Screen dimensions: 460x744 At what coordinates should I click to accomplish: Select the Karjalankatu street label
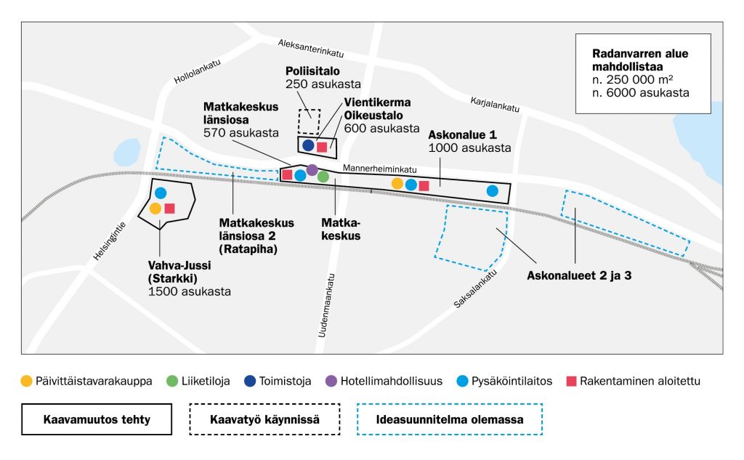(x=495, y=103)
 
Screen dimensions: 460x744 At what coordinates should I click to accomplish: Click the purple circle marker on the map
(x=312, y=170)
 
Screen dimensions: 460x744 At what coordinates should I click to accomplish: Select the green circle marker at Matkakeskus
(x=323, y=176)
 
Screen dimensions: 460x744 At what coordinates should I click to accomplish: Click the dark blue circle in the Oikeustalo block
(x=308, y=145)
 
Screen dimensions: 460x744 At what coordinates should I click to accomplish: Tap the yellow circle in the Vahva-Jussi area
(x=155, y=209)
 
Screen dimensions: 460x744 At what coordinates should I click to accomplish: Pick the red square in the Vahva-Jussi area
(x=169, y=209)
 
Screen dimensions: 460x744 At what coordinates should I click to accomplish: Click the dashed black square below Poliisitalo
(x=310, y=121)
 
